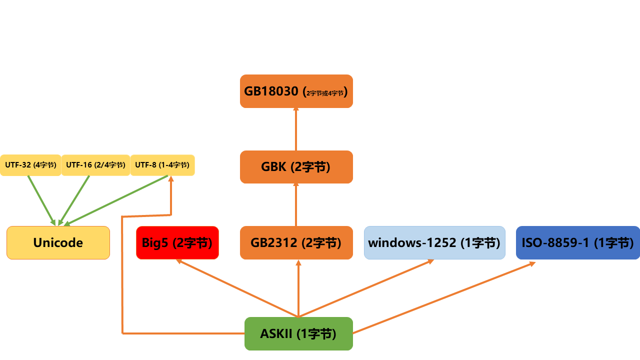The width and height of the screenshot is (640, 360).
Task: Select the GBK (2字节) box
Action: pyautogui.click(x=296, y=167)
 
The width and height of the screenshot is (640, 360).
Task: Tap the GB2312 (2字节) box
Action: pyautogui.click(x=296, y=243)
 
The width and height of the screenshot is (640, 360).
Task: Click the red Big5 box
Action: pyautogui.click(x=177, y=243)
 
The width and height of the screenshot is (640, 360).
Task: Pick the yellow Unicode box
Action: pyautogui.click(x=58, y=243)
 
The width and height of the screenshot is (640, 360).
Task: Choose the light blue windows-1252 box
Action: pyautogui.click(x=434, y=243)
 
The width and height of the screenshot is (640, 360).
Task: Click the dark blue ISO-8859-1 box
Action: pyautogui.click(x=577, y=243)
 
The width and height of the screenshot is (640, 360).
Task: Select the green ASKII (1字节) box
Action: pyautogui.click(x=298, y=333)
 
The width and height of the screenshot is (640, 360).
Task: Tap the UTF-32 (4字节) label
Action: pyautogui.click(x=30, y=165)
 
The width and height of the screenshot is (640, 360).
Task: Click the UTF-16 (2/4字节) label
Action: pyautogui.click(x=95, y=165)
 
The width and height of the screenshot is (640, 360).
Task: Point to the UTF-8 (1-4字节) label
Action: pyautogui.click(x=162, y=165)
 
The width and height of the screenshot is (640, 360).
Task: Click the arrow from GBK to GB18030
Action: pyautogui.click(x=296, y=129)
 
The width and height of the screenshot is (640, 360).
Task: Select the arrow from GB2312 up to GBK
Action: pyautogui.click(x=296, y=205)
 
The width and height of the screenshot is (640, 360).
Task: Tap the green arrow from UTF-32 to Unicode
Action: pyautogui.click(x=41, y=200)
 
